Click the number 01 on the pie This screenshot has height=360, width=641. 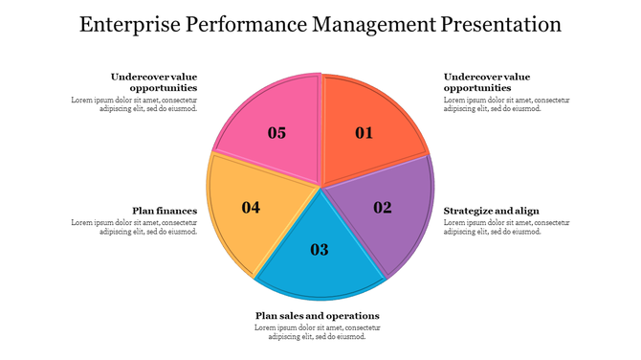(365, 133)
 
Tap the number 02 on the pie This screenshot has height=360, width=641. (383, 207)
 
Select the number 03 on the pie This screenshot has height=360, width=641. (320, 250)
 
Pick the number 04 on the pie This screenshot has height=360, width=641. (251, 207)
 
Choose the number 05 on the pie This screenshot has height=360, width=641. (276, 133)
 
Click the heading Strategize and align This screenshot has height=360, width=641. (492, 211)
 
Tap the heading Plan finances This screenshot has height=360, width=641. (165, 211)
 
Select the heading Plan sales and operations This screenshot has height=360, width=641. (318, 316)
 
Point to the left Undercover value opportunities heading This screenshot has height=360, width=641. (154, 82)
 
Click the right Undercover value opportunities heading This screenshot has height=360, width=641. (486, 82)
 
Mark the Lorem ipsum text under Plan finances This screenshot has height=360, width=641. (134, 227)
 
